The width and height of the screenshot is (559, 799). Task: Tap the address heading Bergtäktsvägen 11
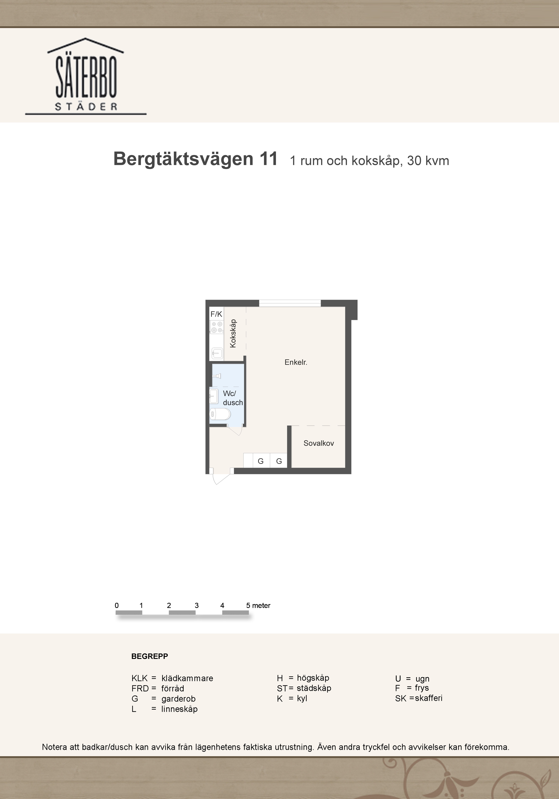pyautogui.click(x=195, y=159)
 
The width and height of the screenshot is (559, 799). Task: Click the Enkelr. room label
pyautogui.click(x=296, y=362)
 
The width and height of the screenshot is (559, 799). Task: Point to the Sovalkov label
pyautogui.click(x=319, y=443)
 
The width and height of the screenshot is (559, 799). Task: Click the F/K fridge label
pyautogui.click(x=216, y=314)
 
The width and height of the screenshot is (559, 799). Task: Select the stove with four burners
pyautogui.click(x=217, y=327)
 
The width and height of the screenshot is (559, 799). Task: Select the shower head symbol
pyautogui.click(x=217, y=376)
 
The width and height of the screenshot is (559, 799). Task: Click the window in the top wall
pyautogui.click(x=290, y=303)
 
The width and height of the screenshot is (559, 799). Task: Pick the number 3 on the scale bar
pyautogui.click(x=197, y=605)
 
